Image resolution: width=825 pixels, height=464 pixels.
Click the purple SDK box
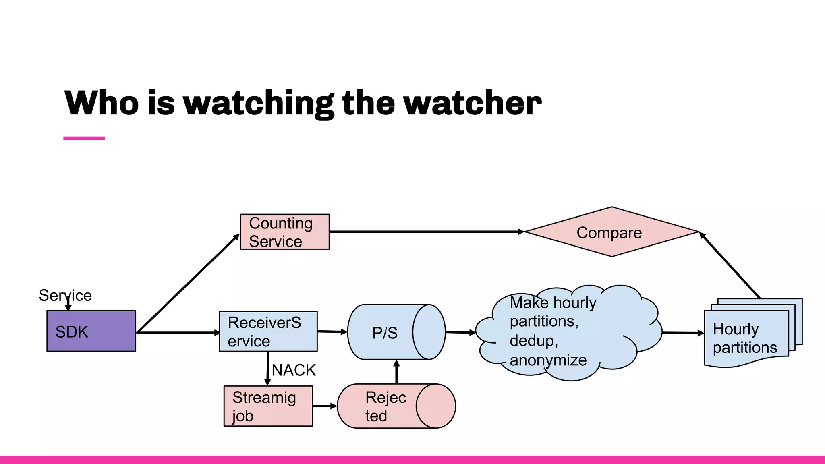[x=91, y=331]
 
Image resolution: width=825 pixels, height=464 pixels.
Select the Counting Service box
[x=285, y=232]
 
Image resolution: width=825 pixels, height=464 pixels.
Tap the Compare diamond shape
[x=611, y=232]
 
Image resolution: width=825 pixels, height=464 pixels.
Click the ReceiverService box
[x=268, y=331]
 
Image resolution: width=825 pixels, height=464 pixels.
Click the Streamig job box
[x=268, y=406]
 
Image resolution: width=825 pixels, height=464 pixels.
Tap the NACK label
[x=294, y=370]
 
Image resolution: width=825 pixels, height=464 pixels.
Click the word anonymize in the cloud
[x=548, y=360]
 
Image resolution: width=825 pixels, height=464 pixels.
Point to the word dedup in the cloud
[x=533, y=341]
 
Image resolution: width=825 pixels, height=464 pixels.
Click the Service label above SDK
[x=65, y=296]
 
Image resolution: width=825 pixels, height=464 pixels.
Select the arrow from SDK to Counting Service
[x=188, y=283]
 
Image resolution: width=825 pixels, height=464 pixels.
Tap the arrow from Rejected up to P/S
[x=396, y=372]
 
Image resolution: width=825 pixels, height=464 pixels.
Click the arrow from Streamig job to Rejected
[x=325, y=406]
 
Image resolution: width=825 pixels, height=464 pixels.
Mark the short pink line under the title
[x=84, y=138]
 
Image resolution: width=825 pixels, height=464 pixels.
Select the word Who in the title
[x=102, y=104]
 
